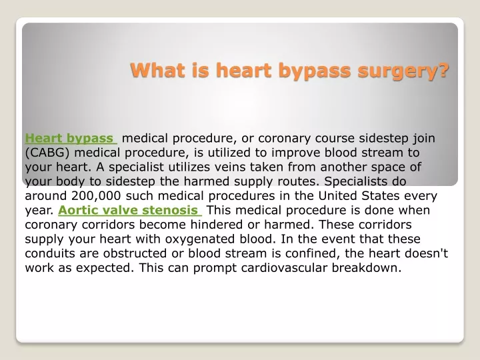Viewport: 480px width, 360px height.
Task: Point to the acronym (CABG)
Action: tap(47, 153)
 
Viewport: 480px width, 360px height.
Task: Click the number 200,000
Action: tap(96, 196)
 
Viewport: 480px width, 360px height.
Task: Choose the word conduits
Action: tap(50, 253)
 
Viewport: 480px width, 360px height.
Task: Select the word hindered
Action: tap(217, 225)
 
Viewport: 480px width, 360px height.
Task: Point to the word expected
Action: tap(105, 269)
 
